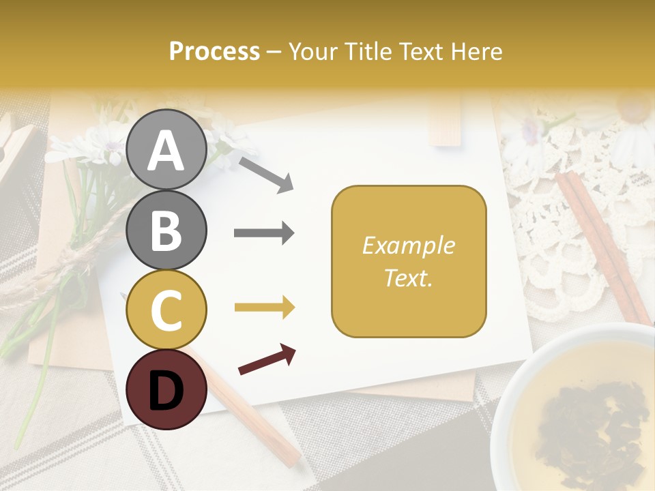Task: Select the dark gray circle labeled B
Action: [x=165, y=230]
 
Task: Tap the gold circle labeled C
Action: [x=165, y=310]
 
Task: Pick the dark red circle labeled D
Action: [x=165, y=389]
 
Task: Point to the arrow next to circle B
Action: [x=264, y=233]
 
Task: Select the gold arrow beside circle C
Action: [x=264, y=308]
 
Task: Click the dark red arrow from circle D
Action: [x=267, y=359]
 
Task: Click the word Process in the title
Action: [x=214, y=51]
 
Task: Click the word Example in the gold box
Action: [x=408, y=245]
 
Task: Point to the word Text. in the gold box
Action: [x=408, y=278]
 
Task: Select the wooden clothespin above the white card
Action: [x=445, y=121]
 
